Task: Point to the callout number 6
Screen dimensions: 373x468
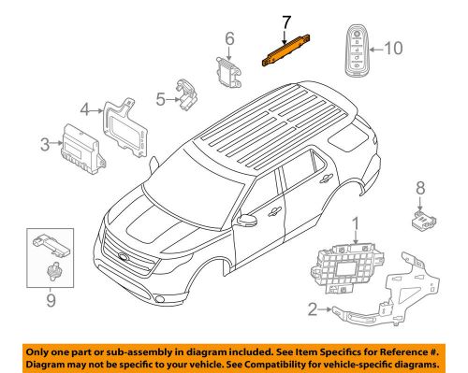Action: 227,38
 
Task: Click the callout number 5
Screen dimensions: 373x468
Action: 160,97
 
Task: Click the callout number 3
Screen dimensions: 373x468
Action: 44,143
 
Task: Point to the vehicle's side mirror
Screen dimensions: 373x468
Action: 249,221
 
